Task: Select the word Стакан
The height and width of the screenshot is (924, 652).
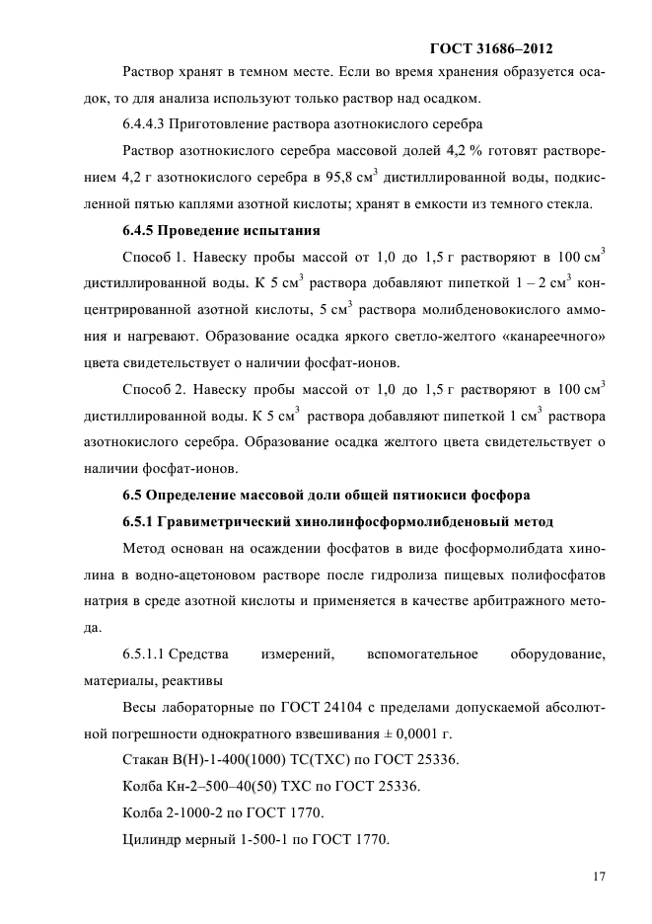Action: (x=146, y=760)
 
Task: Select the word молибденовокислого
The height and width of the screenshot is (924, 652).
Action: (x=475, y=284)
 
